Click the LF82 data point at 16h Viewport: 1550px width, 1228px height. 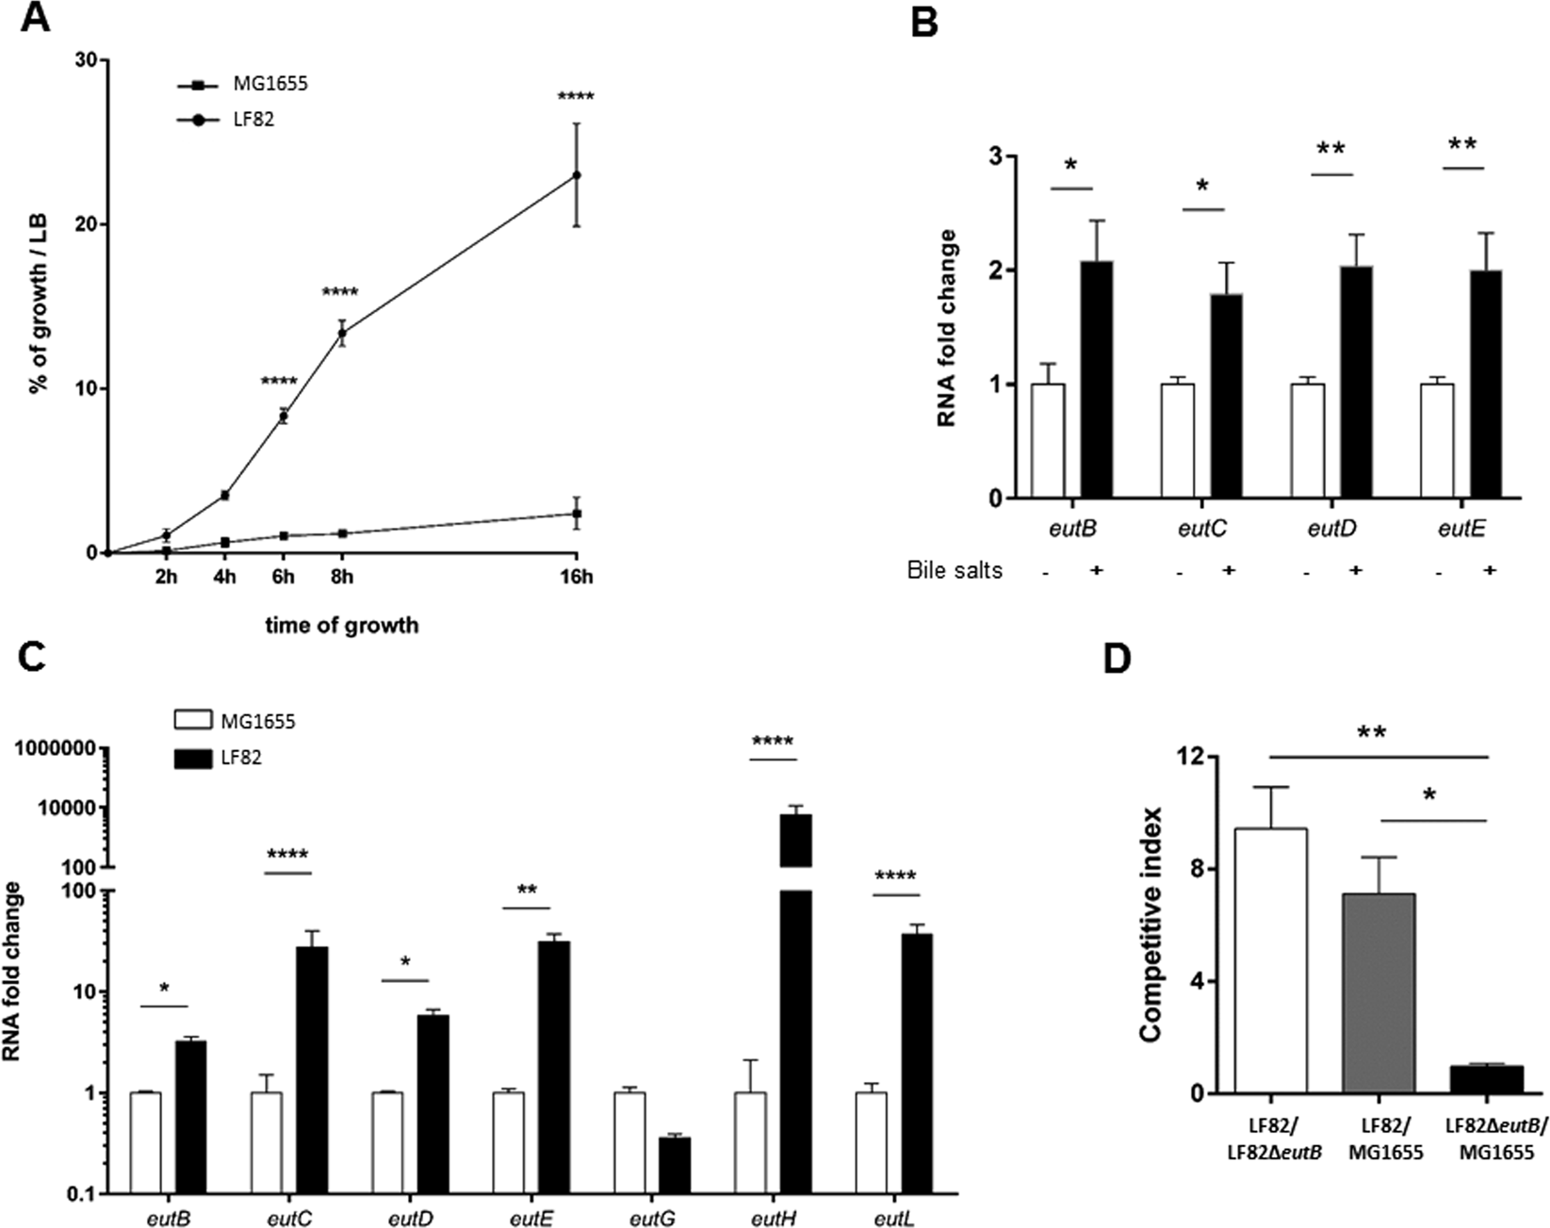(577, 175)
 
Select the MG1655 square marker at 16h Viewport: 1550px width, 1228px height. (577, 514)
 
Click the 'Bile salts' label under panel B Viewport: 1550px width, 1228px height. (954, 570)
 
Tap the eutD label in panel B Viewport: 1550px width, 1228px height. (1332, 530)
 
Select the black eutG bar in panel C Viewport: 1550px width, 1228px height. (675, 1166)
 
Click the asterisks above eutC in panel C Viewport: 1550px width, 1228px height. (287, 856)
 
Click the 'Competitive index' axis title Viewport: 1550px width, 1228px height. (1150, 924)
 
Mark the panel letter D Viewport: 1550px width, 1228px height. (1118, 659)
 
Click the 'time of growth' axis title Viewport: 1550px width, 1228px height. (341, 625)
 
